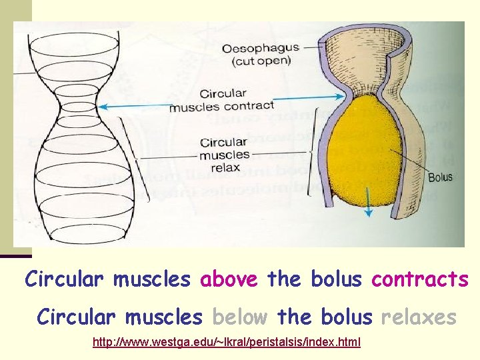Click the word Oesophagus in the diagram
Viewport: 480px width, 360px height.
coord(260,49)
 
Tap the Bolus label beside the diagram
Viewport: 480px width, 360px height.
coord(439,177)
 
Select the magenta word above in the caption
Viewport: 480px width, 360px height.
coord(228,279)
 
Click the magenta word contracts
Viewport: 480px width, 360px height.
coord(420,279)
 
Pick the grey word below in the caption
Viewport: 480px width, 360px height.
coord(239,317)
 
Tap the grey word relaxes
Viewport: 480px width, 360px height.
coord(419,317)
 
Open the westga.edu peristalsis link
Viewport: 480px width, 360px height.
coord(227,342)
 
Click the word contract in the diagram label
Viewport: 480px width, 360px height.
coord(249,105)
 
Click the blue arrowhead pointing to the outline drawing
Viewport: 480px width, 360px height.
coord(101,106)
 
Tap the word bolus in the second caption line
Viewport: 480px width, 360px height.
coord(347,317)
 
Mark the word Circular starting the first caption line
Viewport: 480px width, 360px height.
coord(65,279)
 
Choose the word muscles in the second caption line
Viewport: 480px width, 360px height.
coord(163,317)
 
